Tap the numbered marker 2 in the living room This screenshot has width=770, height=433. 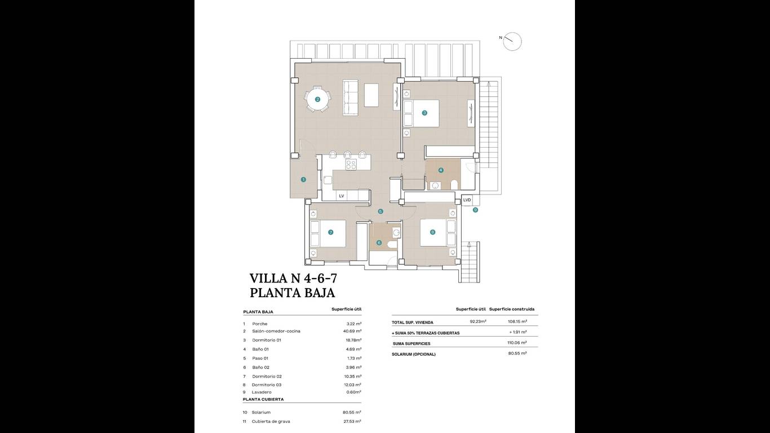coord(317,100)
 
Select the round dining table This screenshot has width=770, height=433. coord(318,100)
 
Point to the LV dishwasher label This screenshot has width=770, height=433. coord(342,196)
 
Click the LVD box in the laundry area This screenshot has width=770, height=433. coord(467,200)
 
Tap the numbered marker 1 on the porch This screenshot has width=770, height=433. coord(303,179)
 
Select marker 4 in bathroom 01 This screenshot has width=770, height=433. coord(441,170)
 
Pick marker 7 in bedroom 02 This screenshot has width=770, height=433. coord(331,232)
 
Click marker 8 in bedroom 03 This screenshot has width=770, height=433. coord(432,232)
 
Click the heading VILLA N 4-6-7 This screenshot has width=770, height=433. coord(293,278)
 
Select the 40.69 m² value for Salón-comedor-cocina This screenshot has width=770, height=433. coord(349,331)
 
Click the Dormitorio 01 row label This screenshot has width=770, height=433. coord(267,340)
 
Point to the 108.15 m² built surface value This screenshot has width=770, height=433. coord(517,321)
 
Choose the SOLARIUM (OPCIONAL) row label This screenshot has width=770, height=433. coord(414,354)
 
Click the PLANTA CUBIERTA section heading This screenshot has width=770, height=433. coord(263,399)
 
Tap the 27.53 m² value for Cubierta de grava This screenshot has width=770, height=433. coord(349,421)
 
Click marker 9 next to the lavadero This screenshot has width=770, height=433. coord(475,210)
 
